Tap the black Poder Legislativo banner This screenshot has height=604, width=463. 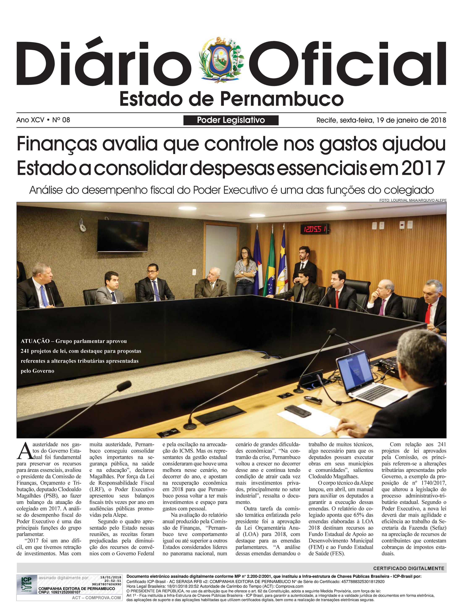click(231, 120)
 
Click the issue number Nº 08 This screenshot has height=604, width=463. click(61, 120)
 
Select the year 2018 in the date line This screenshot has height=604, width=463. click(438, 120)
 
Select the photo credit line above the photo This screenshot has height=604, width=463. click(413, 200)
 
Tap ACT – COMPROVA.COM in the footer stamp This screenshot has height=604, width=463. click(96, 598)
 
